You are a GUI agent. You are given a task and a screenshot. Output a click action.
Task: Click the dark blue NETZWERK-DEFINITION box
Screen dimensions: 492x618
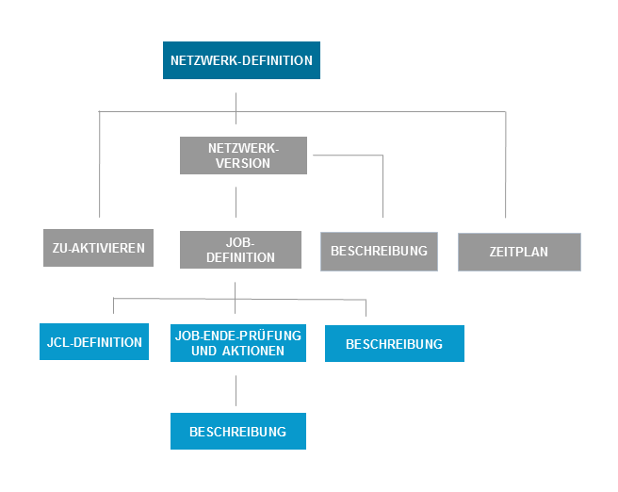pyautogui.click(x=241, y=60)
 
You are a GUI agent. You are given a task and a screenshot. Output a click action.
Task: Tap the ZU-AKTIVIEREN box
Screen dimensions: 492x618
pyautogui.click(x=98, y=248)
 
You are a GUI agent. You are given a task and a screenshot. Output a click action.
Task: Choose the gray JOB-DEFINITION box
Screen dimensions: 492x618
pyautogui.click(x=241, y=250)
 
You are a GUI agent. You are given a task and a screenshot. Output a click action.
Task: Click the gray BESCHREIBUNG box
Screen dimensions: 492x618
pyautogui.click(x=379, y=251)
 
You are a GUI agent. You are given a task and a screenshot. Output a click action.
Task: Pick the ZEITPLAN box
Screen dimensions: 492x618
pyautogui.click(x=519, y=252)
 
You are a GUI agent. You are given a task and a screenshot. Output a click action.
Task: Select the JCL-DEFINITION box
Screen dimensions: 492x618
pyautogui.click(x=95, y=342)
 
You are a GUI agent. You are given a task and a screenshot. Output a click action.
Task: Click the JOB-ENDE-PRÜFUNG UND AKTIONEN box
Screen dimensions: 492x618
pyautogui.click(x=239, y=343)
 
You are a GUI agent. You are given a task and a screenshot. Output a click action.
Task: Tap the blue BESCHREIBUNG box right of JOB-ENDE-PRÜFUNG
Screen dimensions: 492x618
pyautogui.click(x=394, y=344)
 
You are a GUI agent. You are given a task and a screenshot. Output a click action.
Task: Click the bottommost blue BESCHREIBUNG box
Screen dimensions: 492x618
pyautogui.click(x=237, y=432)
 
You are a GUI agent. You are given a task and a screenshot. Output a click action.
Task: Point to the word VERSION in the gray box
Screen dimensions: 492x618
pyautogui.click(x=243, y=163)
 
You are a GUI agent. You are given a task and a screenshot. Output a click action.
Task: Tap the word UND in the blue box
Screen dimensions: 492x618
pyautogui.click(x=205, y=352)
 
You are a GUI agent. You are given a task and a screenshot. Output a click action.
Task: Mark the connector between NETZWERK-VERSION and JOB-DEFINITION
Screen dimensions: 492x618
pyautogui.click(x=236, y=203)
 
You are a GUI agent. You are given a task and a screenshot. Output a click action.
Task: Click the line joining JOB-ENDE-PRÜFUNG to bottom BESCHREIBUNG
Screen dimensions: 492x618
pyautogui.click(x=236, y=388)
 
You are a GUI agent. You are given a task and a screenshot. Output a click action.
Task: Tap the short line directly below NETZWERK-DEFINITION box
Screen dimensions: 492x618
pyautogui.click(x=236, y=102)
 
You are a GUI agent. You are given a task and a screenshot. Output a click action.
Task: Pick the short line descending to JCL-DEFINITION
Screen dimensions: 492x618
pyautogui.click(x=113, y=306)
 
